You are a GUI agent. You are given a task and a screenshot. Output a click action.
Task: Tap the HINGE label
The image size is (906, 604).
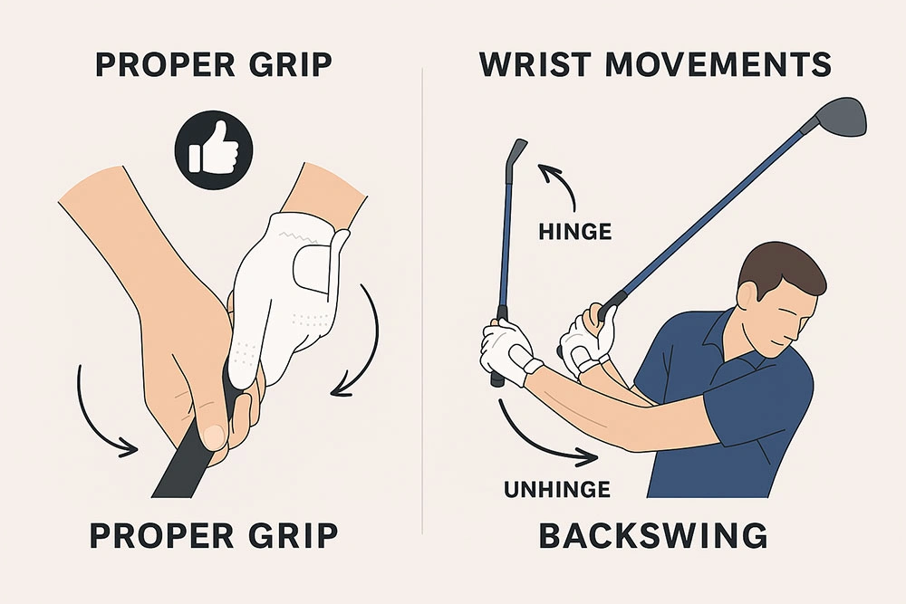coord(574,233)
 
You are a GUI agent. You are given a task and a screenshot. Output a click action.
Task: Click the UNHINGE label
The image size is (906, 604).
coord(555,490)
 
